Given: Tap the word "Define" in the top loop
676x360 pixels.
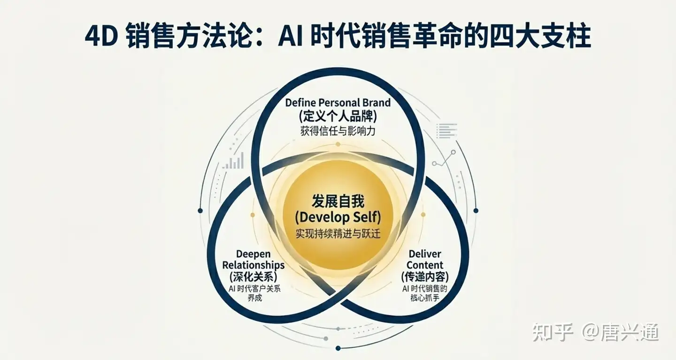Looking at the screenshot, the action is [300, 102].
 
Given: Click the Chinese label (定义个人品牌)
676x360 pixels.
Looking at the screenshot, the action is [338, 116].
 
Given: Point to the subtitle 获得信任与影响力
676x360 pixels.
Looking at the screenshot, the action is [338, 131].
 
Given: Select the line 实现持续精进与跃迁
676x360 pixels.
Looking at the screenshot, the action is [338, 233].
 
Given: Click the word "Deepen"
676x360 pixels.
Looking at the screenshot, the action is [253, 254].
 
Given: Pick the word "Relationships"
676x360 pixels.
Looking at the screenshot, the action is [253, 265].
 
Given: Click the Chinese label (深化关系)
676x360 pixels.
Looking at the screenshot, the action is [253, 277].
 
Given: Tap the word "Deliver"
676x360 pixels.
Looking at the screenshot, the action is [425, 254].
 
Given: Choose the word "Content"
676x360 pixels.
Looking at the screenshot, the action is [425, 265].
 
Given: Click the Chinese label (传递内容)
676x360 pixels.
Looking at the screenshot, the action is [425, 277].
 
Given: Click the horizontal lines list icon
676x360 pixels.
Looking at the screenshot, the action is [446, 130].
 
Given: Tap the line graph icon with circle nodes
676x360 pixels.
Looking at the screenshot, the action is [444, 159].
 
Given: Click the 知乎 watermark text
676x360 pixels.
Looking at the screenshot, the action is [553, 332].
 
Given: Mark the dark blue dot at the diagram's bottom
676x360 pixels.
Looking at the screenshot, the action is [338, 348].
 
